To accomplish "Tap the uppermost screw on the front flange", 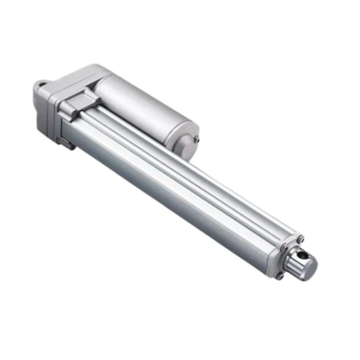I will pyautogui.click(x=301, y=238).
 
